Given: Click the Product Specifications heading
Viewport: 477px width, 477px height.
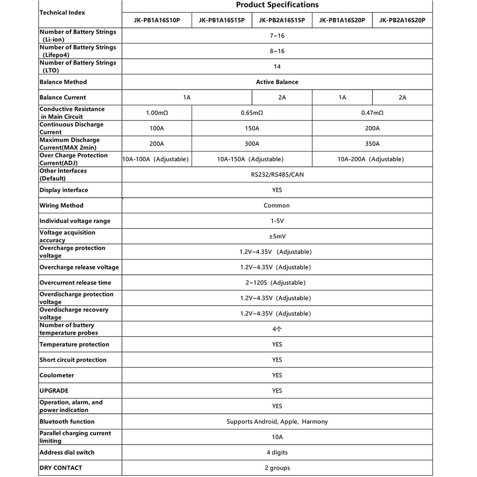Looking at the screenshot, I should point(277,5).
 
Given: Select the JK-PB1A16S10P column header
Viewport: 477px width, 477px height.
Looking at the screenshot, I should point(157,20).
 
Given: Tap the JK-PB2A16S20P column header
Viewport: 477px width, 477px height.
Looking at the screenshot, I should point(402,20).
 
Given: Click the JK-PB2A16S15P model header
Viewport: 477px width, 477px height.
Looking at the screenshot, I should point(282,20).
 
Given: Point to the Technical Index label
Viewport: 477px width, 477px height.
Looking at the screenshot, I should point(62,12).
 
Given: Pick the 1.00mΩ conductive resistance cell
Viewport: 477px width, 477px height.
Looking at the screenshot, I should point(157,113).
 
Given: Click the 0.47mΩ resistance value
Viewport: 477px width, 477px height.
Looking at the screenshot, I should point(372,113).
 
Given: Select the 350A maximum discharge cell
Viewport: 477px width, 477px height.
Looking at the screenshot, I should point(372,144).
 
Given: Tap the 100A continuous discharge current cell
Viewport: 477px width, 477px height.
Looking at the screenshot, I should point(157,129).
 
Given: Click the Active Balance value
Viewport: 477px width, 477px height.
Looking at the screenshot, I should point(277,82).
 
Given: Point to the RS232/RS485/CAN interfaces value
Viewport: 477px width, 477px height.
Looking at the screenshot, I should point(277,174).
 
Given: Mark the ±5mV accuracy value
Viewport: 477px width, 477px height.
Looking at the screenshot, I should point(277,236).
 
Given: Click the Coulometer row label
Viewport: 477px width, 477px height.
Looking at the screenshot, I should point(57,375).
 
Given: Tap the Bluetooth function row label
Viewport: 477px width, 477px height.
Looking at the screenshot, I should point(67,422).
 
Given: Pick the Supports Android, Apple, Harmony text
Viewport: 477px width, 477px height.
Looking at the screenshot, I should point(277,422).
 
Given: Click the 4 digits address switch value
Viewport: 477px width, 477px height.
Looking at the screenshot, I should point(277,453).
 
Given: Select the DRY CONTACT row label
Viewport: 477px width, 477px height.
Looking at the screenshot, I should point(61,468).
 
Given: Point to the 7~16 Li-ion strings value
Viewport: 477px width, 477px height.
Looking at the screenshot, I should point(277,36).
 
